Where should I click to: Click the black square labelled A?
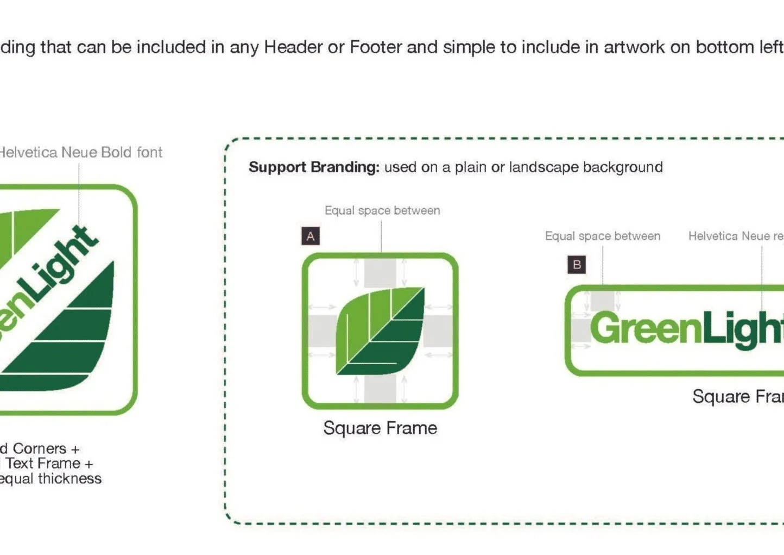311,236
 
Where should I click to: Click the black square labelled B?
577,265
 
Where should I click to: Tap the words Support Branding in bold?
314,167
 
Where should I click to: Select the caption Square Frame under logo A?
380,428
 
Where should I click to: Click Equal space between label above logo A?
382,210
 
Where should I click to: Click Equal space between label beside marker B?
603,236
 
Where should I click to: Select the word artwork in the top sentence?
634,47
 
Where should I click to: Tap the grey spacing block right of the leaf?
438,330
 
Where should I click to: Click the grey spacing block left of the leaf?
321,330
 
